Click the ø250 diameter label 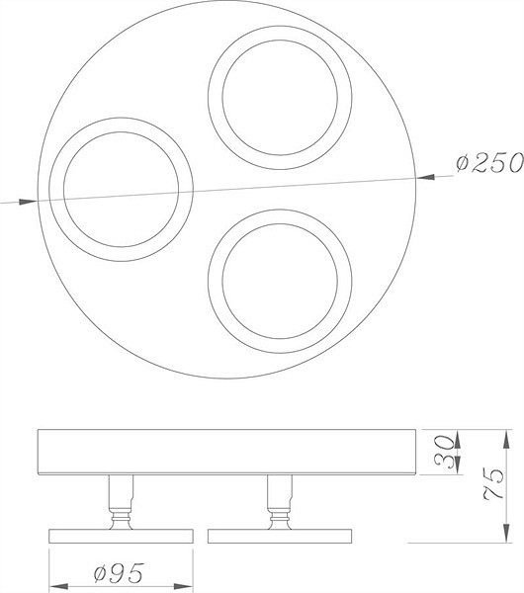click(489, 163)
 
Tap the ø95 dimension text click(119, 573)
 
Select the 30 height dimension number click(445, 452)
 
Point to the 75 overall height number click(494, 484)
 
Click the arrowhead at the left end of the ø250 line click(28, 202)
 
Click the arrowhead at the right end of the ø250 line click(425, 177)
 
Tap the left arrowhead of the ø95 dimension click(58, 585)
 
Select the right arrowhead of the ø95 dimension click(184, 585)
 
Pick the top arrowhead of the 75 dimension click(506, 439)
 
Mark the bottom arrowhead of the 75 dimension click(506, 534)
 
